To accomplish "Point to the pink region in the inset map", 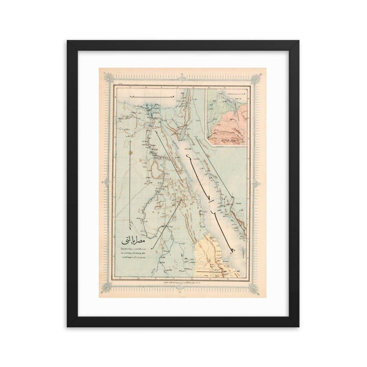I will point(232,125).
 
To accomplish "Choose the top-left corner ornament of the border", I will point(107,77).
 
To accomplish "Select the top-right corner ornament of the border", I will point(259,77).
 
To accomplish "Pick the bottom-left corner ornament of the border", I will point(107,287).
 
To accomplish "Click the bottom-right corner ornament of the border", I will point(259,287).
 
